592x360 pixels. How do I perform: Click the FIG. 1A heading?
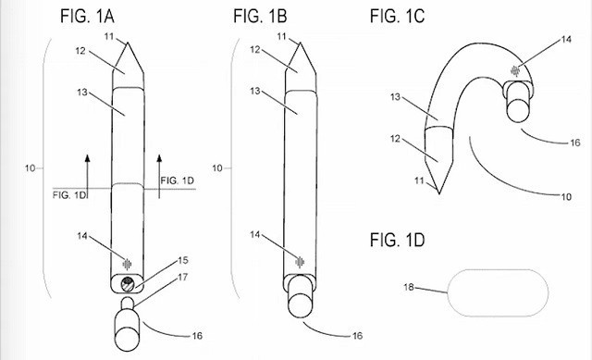click(x=87, y=17)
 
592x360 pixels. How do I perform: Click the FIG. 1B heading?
click(x=260, y=17)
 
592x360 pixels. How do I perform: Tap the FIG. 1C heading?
click(x=397, y=17)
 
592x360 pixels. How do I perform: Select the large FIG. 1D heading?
click(x=397, y=240)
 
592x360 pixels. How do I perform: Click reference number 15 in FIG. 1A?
click(x=183, y=260)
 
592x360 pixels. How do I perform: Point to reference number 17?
click(x=183, y=278)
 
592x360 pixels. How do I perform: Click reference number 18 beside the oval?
click(x=409, y=287)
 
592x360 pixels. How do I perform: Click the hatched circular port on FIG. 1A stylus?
click(x=128, y=283)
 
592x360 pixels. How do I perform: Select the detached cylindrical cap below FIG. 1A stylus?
click(x=127, y=325)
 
